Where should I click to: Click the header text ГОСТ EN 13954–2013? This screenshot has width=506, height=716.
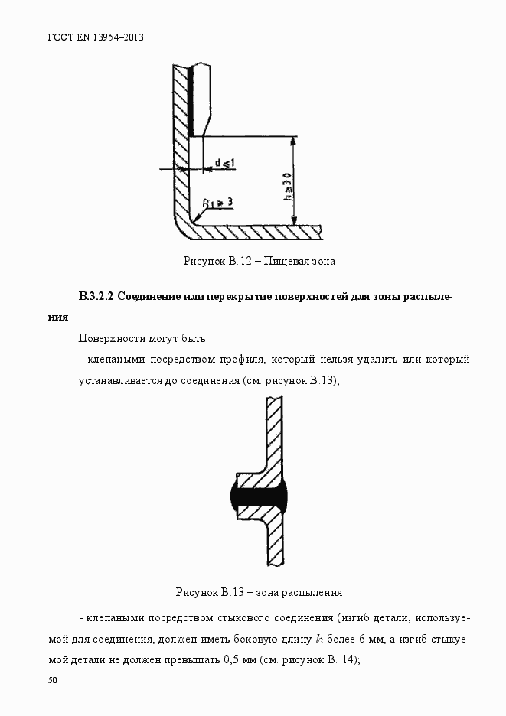coord(96,37)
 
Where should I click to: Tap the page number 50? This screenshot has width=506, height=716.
coord(52,680)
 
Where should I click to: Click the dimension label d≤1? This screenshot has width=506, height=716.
coord(224,163)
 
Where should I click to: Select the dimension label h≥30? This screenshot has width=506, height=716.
coord(286,187)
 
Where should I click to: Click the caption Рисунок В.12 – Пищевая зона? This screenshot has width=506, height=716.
coord(259,261)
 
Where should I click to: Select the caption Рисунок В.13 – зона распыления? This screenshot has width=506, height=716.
coord(259,592)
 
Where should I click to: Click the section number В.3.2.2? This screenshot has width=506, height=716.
coord(96,297)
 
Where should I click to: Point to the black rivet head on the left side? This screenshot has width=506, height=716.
coord(233,497)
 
